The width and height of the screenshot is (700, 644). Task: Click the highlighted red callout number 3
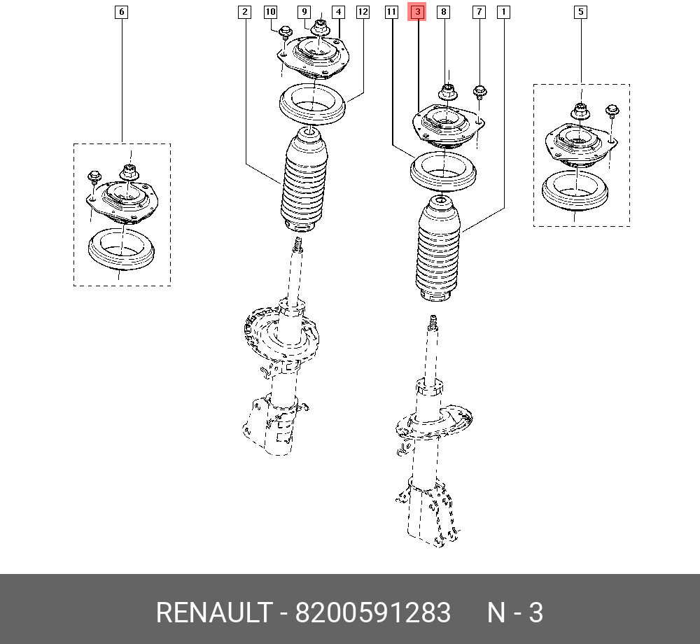[417, 12]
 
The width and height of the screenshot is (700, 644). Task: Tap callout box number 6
[122, 12]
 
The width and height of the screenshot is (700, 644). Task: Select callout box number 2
[244, 12]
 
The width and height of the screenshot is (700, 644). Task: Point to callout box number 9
[304, 12]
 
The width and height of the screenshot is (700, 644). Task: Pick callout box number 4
[338, 12]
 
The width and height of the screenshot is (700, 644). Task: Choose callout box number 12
[363, 12]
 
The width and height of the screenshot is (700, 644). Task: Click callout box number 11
[391, 12]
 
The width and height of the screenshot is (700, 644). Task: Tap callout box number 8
[443, 12]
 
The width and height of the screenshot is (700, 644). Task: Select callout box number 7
[479, 12]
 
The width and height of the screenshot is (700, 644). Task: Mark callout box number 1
[503, 12]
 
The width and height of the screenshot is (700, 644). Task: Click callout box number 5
[581, 12]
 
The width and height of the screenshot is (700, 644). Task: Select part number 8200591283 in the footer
[372, 613]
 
